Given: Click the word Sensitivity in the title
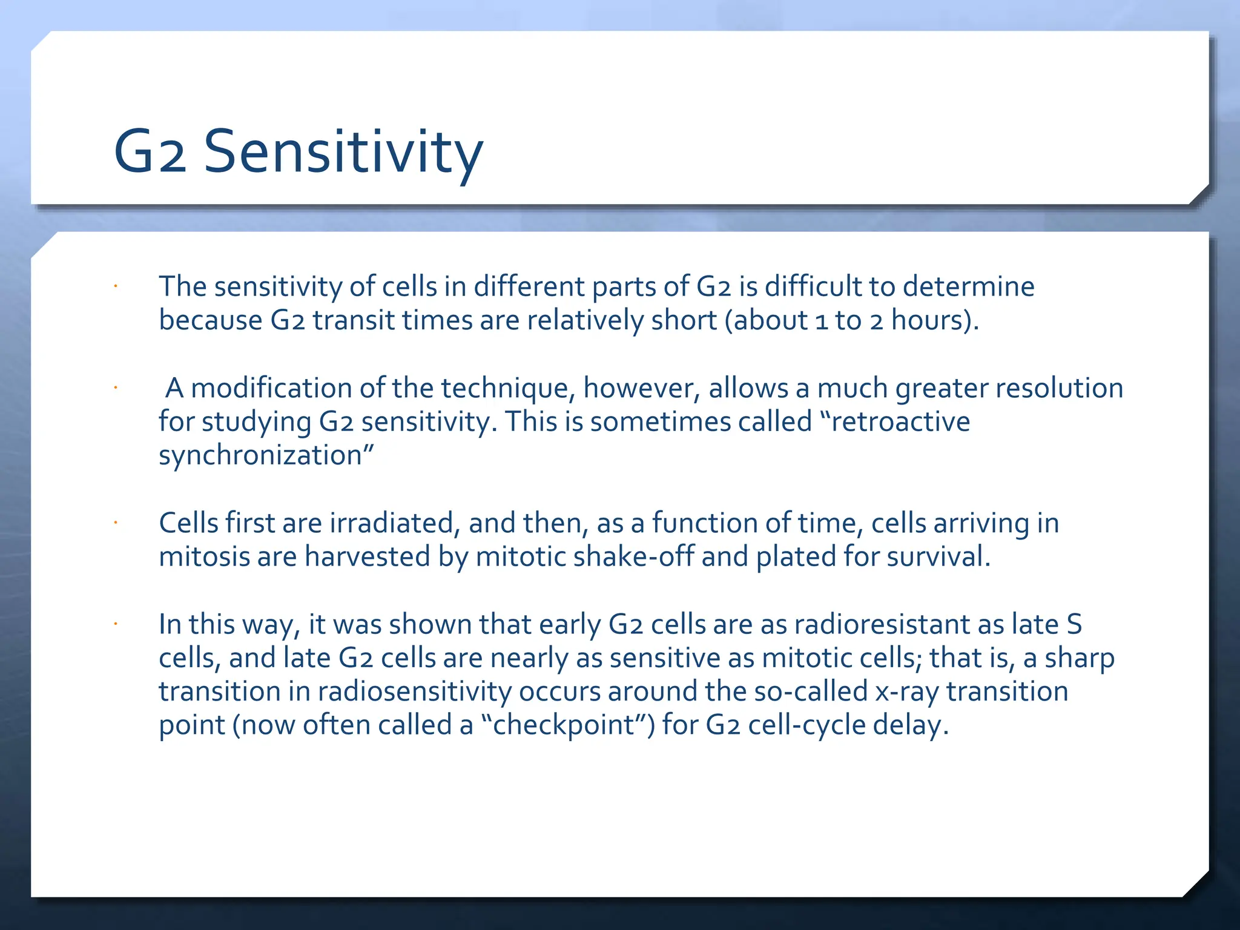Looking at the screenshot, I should click(343, 151).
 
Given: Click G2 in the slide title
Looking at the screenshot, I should click(150, 151).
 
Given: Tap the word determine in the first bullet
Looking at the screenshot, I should click(968, 286).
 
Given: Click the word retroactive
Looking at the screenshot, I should click(900, 421).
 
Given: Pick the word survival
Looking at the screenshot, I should click(938, 556).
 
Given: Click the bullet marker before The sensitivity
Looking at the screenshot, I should click(114, 286).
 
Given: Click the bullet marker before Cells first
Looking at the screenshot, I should click(114, 523).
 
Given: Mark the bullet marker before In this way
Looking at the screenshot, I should click(114, 624).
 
